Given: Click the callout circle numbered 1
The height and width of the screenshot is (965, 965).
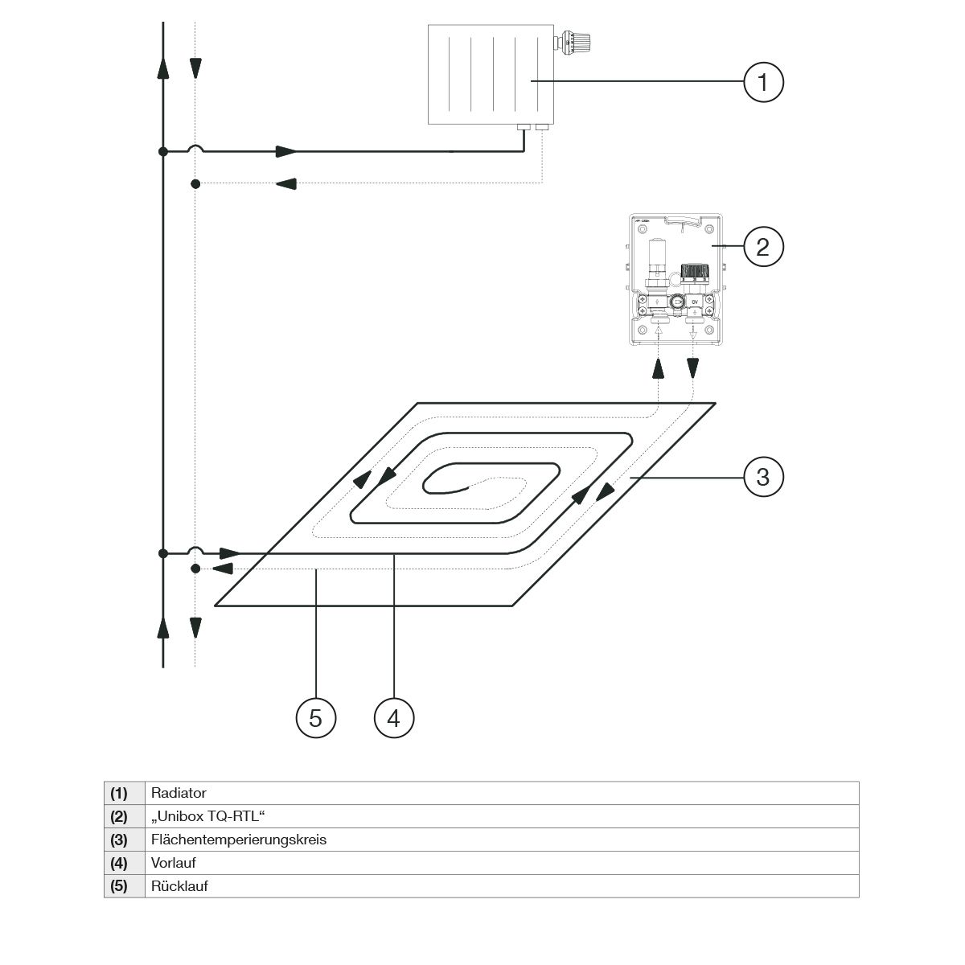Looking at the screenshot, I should (x=762, y=82).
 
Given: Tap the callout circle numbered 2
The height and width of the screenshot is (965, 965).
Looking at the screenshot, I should (x=762, y=245).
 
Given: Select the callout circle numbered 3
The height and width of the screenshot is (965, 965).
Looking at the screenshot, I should (x=762, y=477).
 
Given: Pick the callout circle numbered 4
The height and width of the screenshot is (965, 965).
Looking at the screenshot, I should (x=393, y=717).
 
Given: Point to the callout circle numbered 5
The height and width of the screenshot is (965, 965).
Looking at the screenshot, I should (x=315, y=717).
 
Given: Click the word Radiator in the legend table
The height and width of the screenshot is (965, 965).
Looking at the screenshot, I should (x=179, y=793).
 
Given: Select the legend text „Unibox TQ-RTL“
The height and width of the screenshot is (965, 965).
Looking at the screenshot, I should (x=208, y=816).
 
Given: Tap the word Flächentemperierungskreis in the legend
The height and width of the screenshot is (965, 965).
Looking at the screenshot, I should (x=239, y=840).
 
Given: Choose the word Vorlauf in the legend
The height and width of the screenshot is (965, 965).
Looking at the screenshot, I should (x=174, y=863).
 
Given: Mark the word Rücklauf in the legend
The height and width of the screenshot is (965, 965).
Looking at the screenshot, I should (x=179, y=886).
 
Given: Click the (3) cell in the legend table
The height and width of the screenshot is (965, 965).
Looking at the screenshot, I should (x=119, y=840).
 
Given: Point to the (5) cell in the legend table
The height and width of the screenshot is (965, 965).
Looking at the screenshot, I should (x=119, y=886).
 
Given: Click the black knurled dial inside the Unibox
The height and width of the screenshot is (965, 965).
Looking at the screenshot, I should (x=693, y=272).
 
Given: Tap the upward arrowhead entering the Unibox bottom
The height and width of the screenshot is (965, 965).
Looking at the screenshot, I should (x=658, y=368).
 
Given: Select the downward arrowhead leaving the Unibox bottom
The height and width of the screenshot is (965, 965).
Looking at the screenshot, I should (x=692, y=368).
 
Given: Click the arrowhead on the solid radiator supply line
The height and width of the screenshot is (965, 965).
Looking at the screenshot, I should (x=285, y=151).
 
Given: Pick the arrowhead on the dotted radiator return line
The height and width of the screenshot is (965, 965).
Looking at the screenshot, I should (x=285, y=184).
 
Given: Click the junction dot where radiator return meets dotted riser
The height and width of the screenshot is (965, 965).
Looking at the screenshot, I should (x=195, y=184).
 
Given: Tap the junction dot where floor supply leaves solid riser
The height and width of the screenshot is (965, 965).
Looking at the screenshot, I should (x=163, y=553).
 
